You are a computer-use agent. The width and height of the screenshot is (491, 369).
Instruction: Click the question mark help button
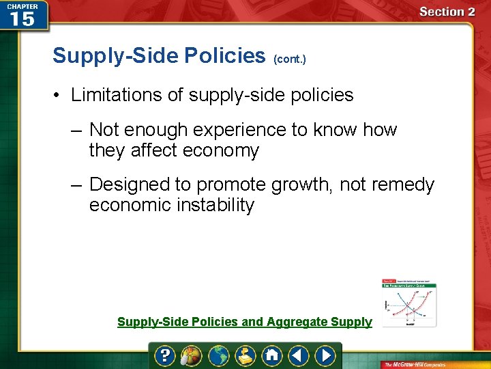[166, 355]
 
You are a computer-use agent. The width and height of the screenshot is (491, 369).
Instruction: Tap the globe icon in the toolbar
[219, 355]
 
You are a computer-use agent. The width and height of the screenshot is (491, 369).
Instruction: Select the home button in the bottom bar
[272, 355]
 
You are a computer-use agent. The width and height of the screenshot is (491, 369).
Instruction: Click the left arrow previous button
[299, 355]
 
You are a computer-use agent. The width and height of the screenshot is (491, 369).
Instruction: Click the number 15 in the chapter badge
[22, 18]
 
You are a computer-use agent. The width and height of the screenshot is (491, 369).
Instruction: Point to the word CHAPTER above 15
[22, 5]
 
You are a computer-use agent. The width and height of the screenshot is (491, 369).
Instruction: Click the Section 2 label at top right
[447, 12]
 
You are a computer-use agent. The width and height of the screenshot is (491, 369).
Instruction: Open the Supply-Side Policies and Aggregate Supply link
[245, 322]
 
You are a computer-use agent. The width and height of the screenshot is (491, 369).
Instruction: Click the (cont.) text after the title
[290, 59]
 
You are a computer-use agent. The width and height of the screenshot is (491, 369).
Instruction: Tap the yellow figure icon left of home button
[245, 355]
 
